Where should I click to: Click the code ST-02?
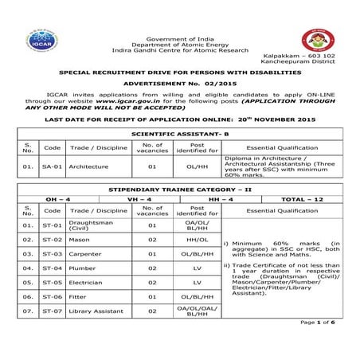(x=52, y=238)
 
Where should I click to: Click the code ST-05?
(x=52, y=292)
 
